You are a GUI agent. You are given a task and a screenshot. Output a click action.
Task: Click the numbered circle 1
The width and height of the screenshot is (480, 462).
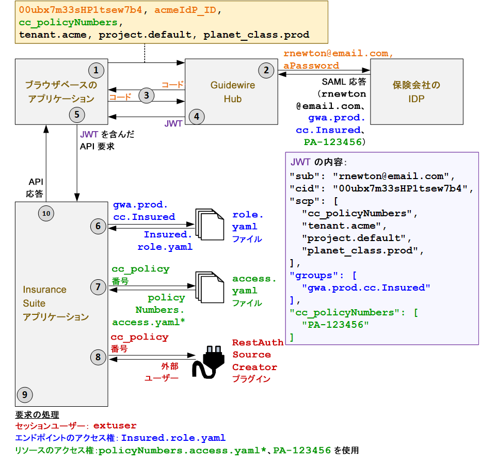[x=96, y=70]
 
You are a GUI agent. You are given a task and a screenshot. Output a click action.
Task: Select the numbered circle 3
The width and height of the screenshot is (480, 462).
[x=147, y=95]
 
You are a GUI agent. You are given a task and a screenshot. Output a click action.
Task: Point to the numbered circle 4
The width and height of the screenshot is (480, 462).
[x=196, y=117]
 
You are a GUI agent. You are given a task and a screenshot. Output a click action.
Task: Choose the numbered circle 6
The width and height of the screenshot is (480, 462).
[x=98, y=226]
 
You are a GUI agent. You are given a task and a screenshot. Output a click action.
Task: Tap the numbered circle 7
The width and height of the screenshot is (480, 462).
[x=98, y=287]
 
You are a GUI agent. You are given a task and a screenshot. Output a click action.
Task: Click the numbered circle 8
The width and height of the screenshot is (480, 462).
[x=98, y=356]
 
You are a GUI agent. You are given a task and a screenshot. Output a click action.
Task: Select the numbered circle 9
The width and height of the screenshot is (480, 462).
[x=24, y=395]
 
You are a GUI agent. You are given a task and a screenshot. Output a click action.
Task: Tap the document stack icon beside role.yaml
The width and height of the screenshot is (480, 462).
[x=208, y=226]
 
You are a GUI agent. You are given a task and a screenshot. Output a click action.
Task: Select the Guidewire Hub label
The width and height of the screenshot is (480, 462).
[x=232, y=92]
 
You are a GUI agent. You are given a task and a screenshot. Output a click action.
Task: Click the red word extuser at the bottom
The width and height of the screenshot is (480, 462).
[x=115, y=426]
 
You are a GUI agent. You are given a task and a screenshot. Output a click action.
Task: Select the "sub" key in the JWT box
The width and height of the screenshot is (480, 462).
[x=304, y=175]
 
